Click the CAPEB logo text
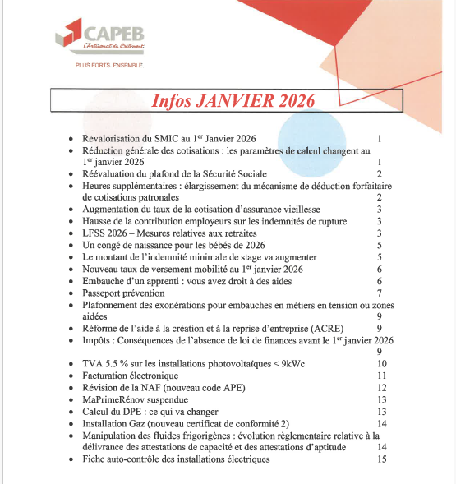(x=116, y=35)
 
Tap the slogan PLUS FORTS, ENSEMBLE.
(x=109, y=64)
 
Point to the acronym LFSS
(x=96, y=233)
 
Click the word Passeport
(x=104, y=293)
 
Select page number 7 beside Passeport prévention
(x=379, y=293)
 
